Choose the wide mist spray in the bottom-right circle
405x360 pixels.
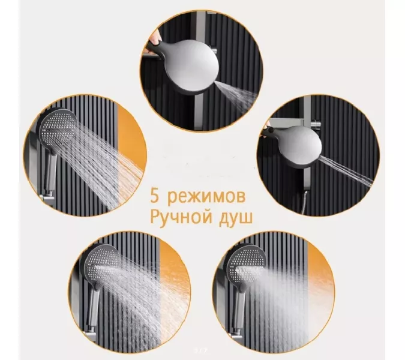[294, 288]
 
